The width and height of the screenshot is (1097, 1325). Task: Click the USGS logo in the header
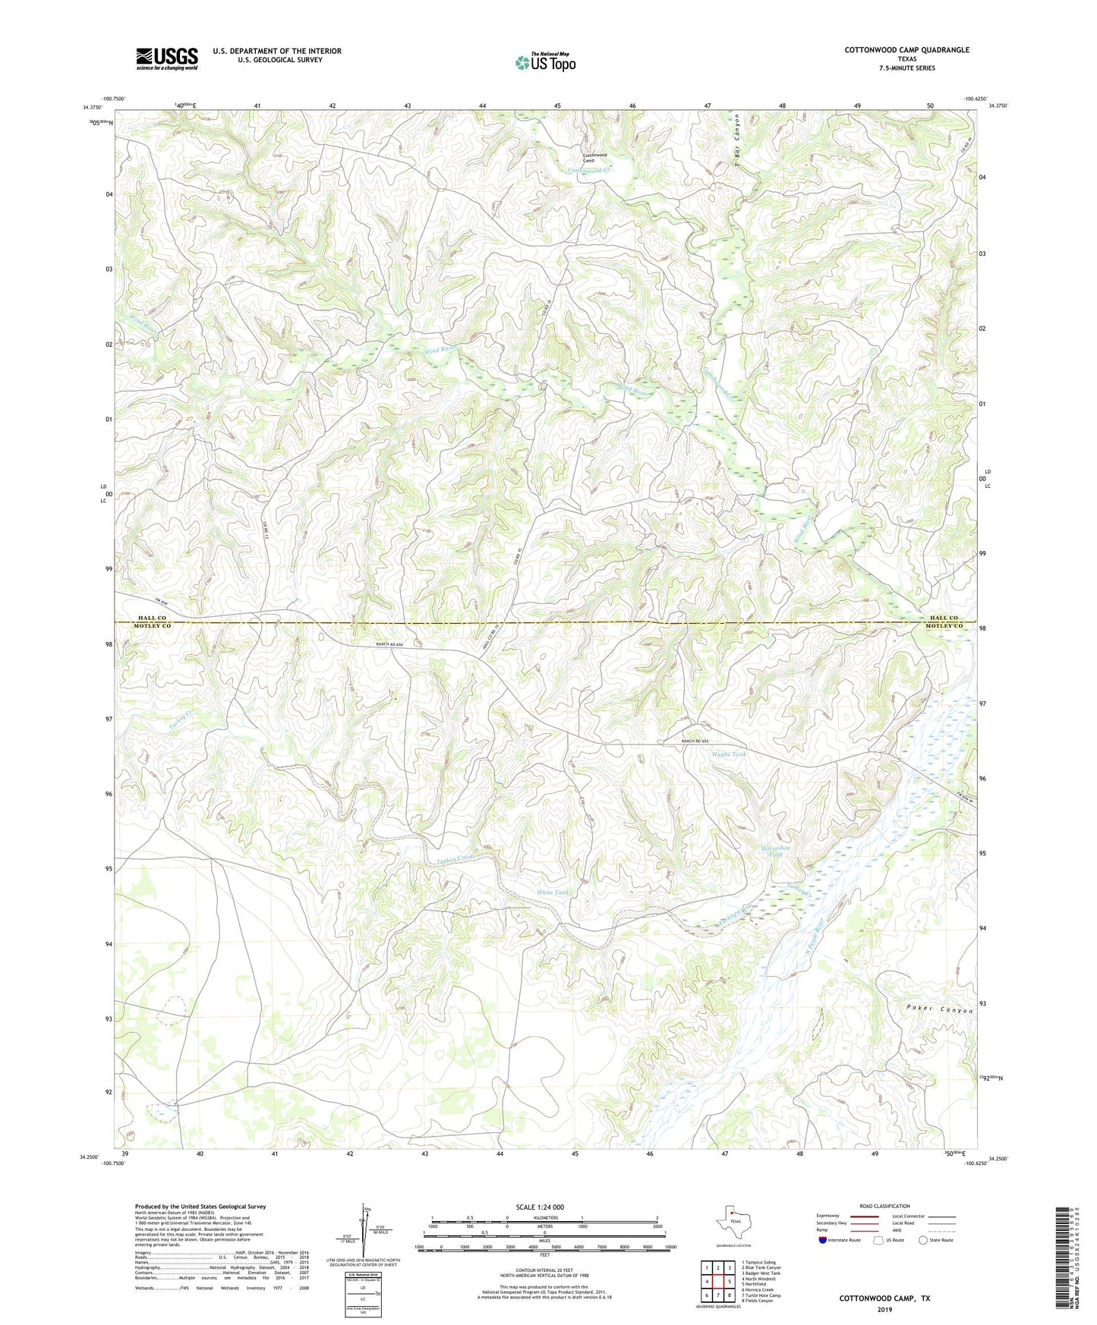[x=167, y=58]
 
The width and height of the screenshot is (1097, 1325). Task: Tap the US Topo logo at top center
[x=544, y=62]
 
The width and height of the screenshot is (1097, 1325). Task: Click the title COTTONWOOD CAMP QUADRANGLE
[x=906, y=50]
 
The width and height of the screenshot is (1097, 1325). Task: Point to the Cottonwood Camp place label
[x=594, y=158]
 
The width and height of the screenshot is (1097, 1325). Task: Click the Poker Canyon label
[x=939, y=1010]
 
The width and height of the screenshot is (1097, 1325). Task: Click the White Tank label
[x=553, y=892]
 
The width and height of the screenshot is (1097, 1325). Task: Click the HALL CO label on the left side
[x=150, y=618]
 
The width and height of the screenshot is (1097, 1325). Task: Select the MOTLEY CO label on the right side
[x=943, y=626]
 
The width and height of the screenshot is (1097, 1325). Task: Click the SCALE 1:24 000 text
[x=540, y=1207]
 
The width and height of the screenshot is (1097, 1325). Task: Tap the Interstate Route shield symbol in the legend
[x=823, y=1240]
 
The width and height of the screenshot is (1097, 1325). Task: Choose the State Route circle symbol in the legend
[x=922, y=1240]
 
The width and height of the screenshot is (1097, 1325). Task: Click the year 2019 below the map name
[x=884, y=1309]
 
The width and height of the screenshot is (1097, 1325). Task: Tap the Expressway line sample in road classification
[x=865, y=1215]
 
